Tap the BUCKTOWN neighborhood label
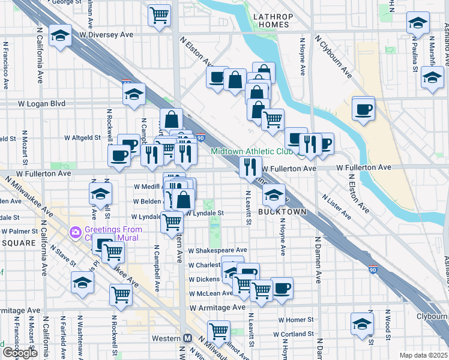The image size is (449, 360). [282, 212]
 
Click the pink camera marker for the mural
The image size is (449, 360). [76, 232]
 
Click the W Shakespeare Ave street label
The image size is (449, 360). [217, 250]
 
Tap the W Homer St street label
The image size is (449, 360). [294, 320]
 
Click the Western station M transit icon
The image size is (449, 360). [187, 338]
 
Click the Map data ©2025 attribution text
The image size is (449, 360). [423, 355]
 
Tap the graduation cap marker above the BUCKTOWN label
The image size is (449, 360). [274, 194]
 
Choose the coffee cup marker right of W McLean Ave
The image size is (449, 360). [282, 287]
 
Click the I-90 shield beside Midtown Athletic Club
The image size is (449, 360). [200, 137]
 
